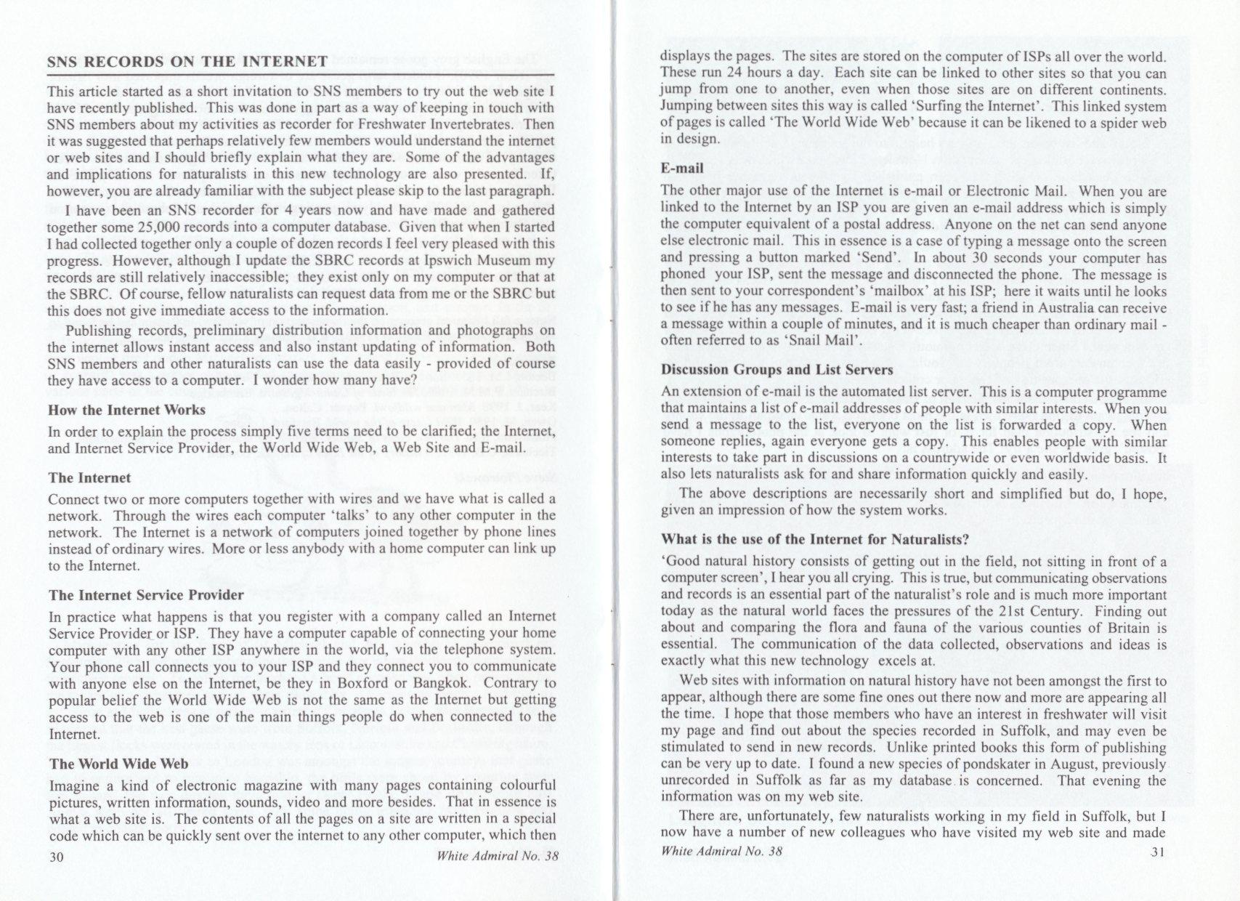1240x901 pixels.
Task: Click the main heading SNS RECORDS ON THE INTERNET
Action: [187, 62]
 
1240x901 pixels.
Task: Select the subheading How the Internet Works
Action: [126, 410]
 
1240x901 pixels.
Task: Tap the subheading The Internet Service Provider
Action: [146, 595]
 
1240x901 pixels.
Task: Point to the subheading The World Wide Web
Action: [118, 764]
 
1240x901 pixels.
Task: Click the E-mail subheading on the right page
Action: [682, 169]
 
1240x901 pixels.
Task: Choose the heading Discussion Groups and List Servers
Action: [777, 370]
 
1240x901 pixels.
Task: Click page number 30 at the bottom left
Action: [56, 856]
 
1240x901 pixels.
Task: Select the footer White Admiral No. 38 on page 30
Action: [498, 856]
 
